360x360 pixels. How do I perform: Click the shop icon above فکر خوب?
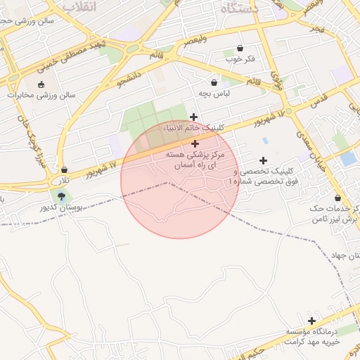click(241, 49)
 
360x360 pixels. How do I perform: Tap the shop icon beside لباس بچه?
click(214, 83)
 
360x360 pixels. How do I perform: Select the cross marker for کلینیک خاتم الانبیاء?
click(194, 117)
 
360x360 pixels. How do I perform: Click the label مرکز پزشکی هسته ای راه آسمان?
click(195, 157)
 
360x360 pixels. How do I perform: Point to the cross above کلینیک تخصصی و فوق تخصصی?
click(264, 161)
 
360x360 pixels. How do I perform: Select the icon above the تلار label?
click(65, 169)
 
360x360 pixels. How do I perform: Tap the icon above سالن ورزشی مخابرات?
click(40, 84)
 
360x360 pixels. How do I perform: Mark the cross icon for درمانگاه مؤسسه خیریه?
click(311, 321)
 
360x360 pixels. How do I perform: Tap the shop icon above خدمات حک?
click(338, 198)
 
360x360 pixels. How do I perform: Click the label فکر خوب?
click(238, 60)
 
